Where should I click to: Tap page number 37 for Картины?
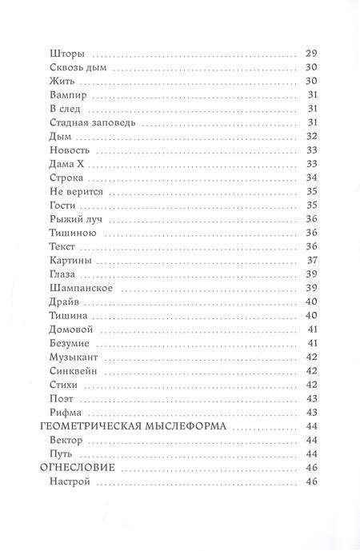click(312, 261)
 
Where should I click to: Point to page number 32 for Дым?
click(312, 136)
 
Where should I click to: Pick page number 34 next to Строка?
click(312, 178)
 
